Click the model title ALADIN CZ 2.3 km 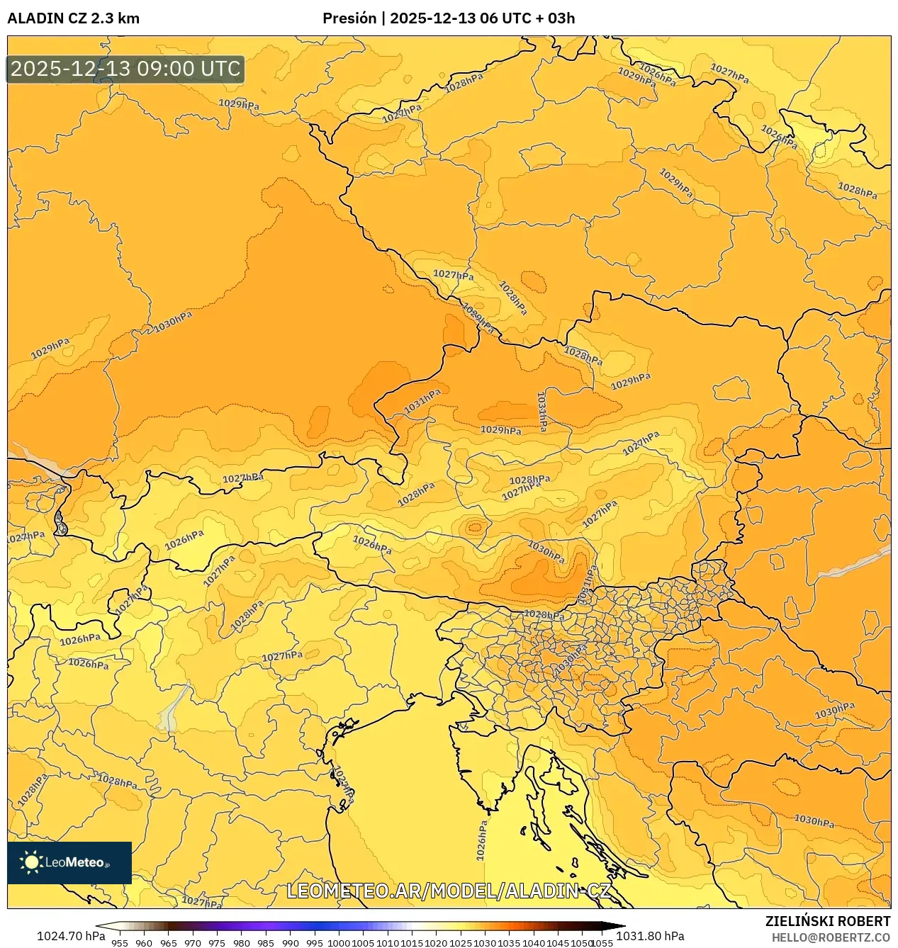click(74, 18)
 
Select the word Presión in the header click(349, 18)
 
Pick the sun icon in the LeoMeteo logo click(31, 862)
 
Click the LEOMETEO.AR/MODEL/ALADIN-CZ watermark click(448, 891)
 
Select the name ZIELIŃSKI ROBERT click(827, 921)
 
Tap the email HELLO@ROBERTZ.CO click(831, 937)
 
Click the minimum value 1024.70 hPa click(69, 936)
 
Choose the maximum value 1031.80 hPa click(650, 936)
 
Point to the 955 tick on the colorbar click(120, 942)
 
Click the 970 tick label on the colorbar click(193, 942)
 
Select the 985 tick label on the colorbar click(266, 942)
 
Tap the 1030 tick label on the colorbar click(485, 942)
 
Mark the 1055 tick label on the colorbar click(602, 942)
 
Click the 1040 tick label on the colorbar click(534, 942)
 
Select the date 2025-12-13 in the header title click(432, 18)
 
